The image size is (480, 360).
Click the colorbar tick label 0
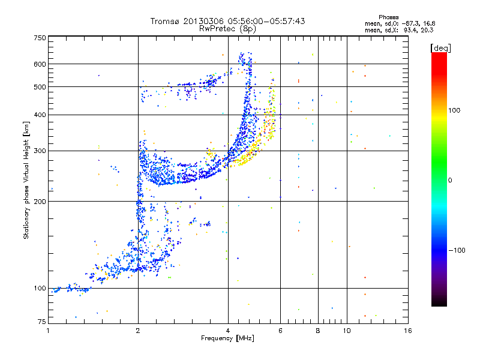pos(450,180)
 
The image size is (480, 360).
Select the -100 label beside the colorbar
pos(457,250)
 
